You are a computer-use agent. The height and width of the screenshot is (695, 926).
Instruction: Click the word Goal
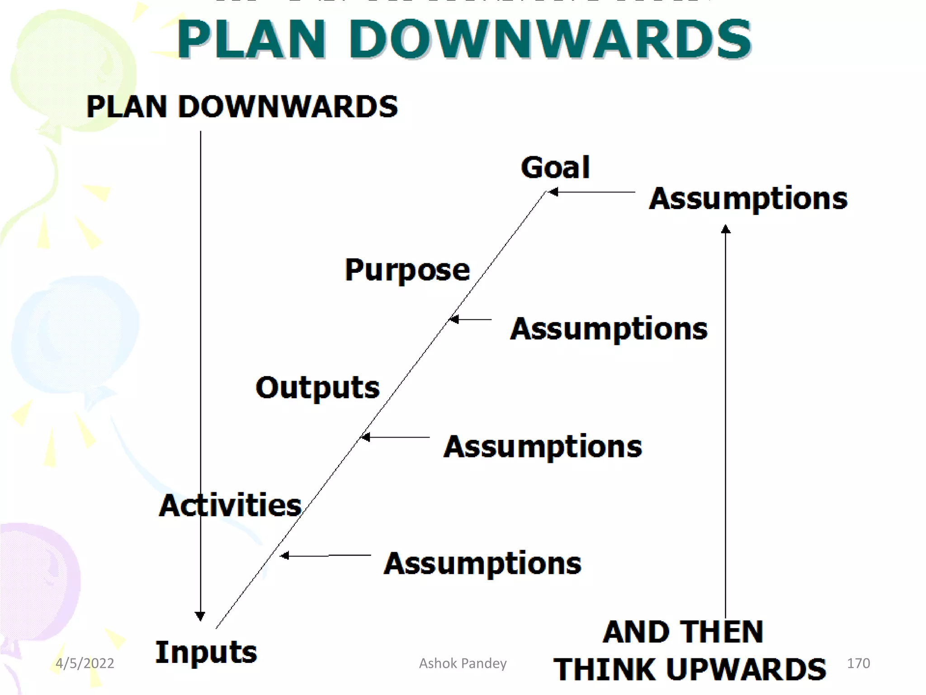[x=555, y=167]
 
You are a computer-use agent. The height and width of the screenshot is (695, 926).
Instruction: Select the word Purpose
[x=407, y=270]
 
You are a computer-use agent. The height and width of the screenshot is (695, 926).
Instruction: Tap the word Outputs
[x=317, y=388]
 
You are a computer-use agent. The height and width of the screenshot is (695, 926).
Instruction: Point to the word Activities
[x=230, y=505]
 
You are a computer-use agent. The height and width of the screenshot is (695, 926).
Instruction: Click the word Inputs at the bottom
[x=206, y=652]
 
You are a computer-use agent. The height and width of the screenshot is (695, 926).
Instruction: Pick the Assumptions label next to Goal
[x=748, y=199]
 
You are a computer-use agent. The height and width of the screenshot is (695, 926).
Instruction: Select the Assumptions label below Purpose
[x=609, y=329]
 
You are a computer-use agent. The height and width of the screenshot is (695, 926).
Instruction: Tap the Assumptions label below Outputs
[x=543, y=447]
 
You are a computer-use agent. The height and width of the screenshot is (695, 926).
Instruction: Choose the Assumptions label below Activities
[x=482, y=564]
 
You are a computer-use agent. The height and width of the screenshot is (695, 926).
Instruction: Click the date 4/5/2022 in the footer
[x=85, y=663]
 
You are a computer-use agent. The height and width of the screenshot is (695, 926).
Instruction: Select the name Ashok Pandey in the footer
[x=463, y=663]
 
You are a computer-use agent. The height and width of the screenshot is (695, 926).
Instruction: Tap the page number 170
[x=858, y=663]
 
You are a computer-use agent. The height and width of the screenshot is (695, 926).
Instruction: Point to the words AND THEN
[x=683, y=632]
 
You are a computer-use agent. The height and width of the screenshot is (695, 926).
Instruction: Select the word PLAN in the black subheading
[x=127, y=107]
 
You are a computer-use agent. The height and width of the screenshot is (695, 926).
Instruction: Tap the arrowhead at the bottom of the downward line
[x=200, y=616]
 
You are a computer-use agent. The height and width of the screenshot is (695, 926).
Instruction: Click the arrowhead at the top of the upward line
[x=726, y=229]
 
